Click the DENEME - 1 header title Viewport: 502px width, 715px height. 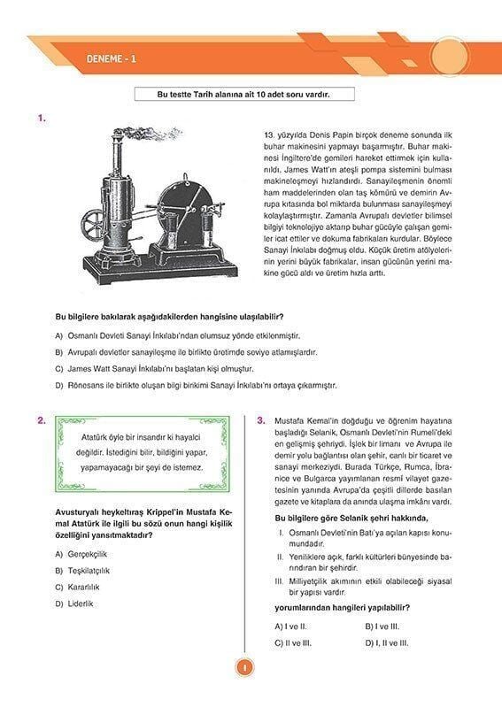click(112, 59)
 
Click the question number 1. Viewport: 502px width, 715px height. click(42, 116)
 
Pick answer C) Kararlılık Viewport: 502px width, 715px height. click(80, 587)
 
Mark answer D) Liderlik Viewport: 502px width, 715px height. click(74, 604)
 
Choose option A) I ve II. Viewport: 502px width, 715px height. click(292, 626)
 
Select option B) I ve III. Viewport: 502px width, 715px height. click(383, 626)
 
